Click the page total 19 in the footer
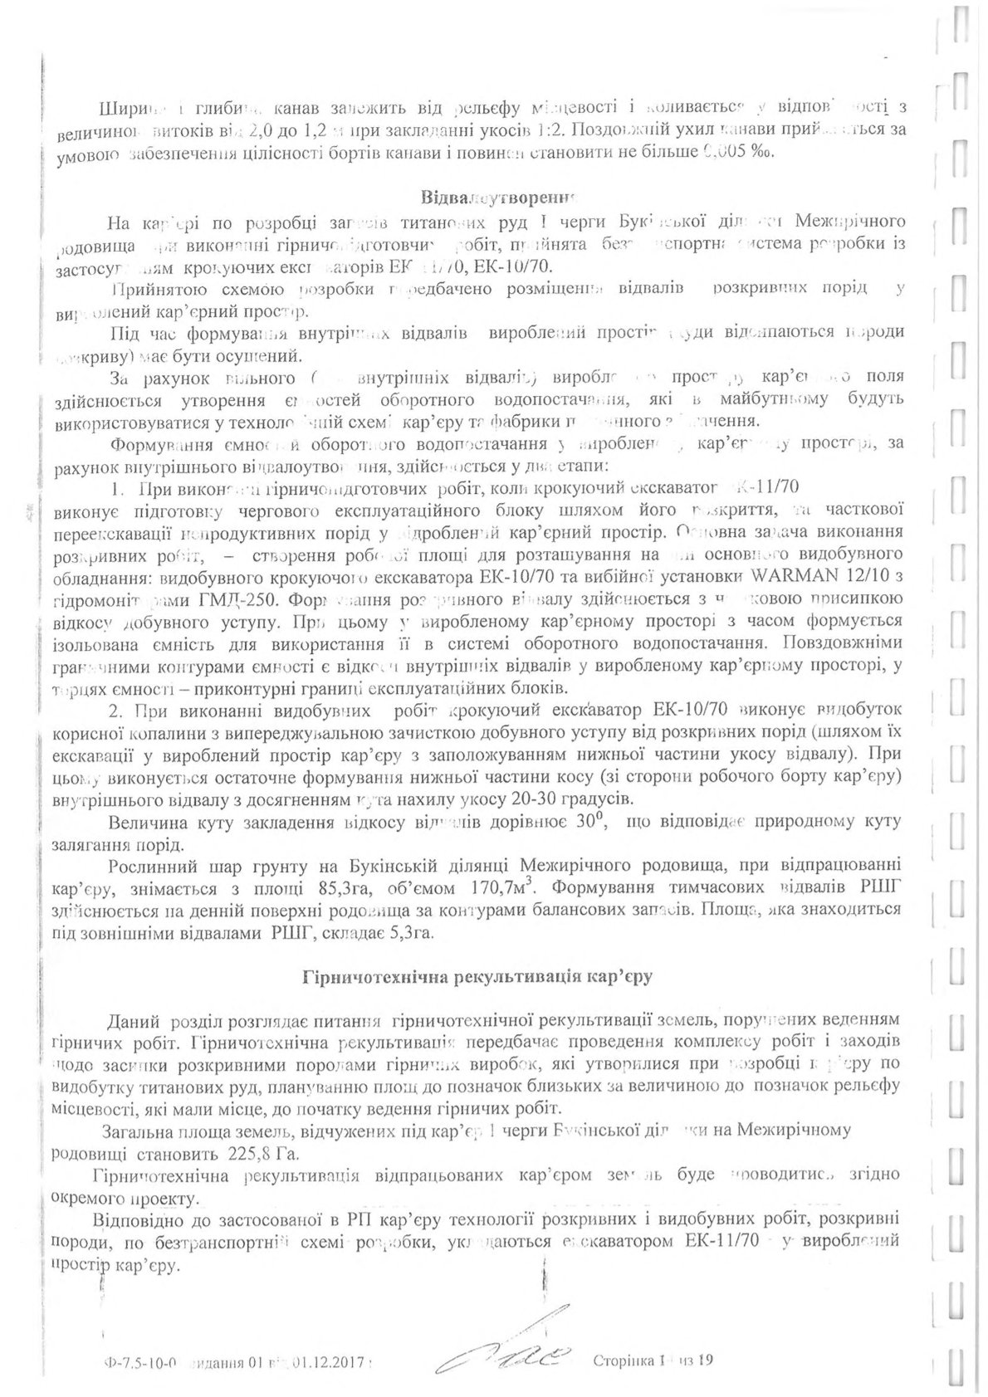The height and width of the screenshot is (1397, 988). [707, 1361]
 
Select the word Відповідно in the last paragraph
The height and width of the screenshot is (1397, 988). [137, 1221]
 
